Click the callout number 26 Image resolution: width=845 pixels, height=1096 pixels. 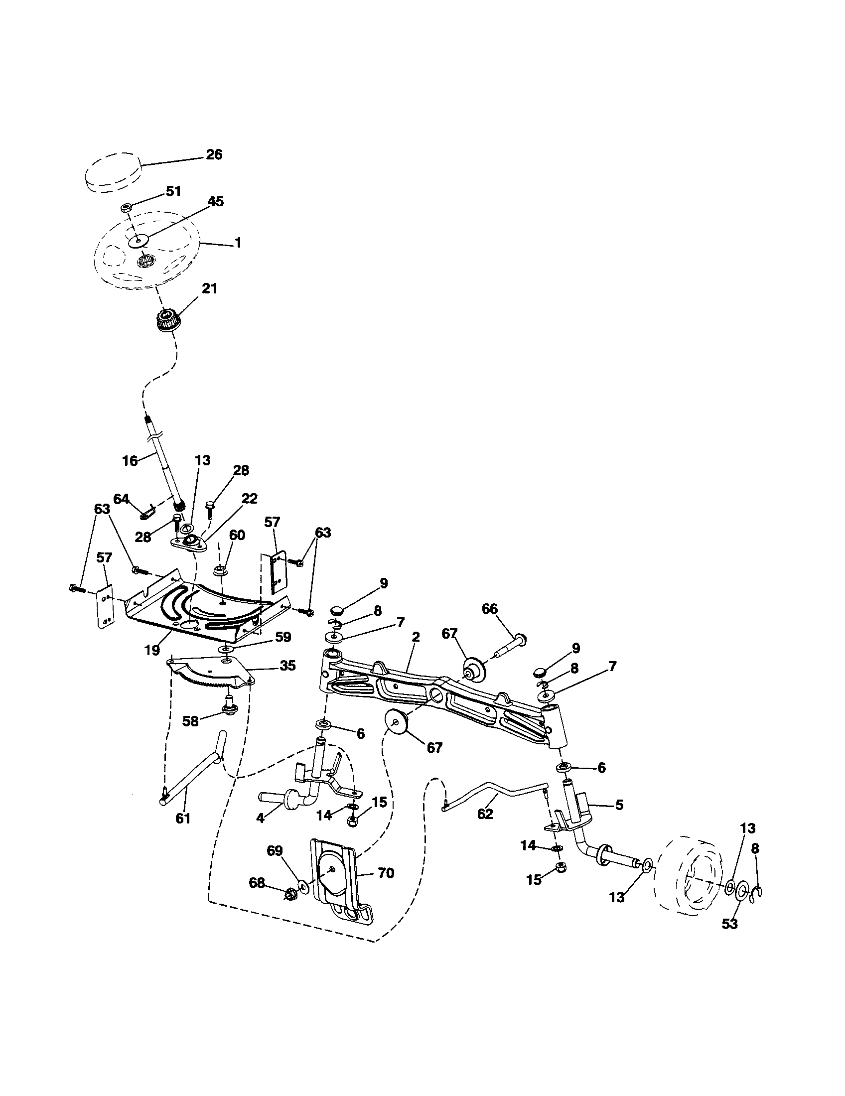[x=214, y=154]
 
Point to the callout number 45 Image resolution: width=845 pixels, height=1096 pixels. [x=216, y=202]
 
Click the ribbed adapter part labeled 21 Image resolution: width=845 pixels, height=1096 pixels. [x=164, y=319]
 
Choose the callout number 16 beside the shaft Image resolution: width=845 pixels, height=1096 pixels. [x=130, y=461]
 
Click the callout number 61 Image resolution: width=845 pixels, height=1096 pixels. [x=183, y=819]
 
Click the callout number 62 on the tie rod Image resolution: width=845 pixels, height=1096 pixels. [x=485, y=814]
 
